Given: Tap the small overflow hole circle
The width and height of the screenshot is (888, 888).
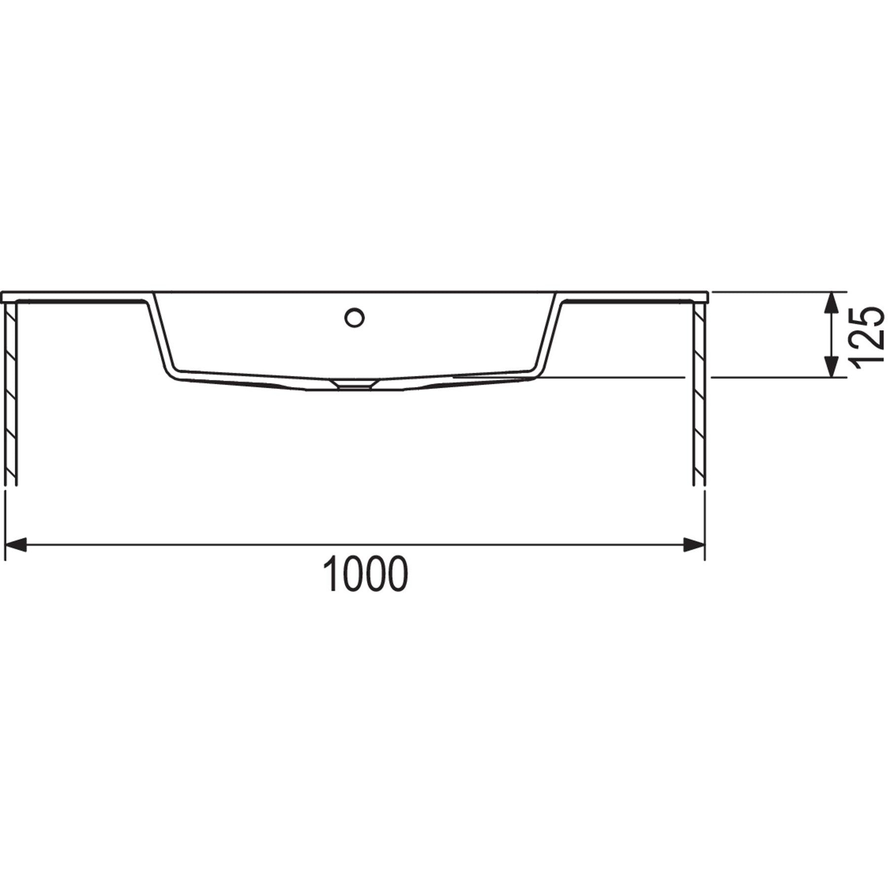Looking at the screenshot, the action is pyautogui.click(x=354, y=317).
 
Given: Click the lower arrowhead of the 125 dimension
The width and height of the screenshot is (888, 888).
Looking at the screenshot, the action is pyautogui.click(x=832, y=367).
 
